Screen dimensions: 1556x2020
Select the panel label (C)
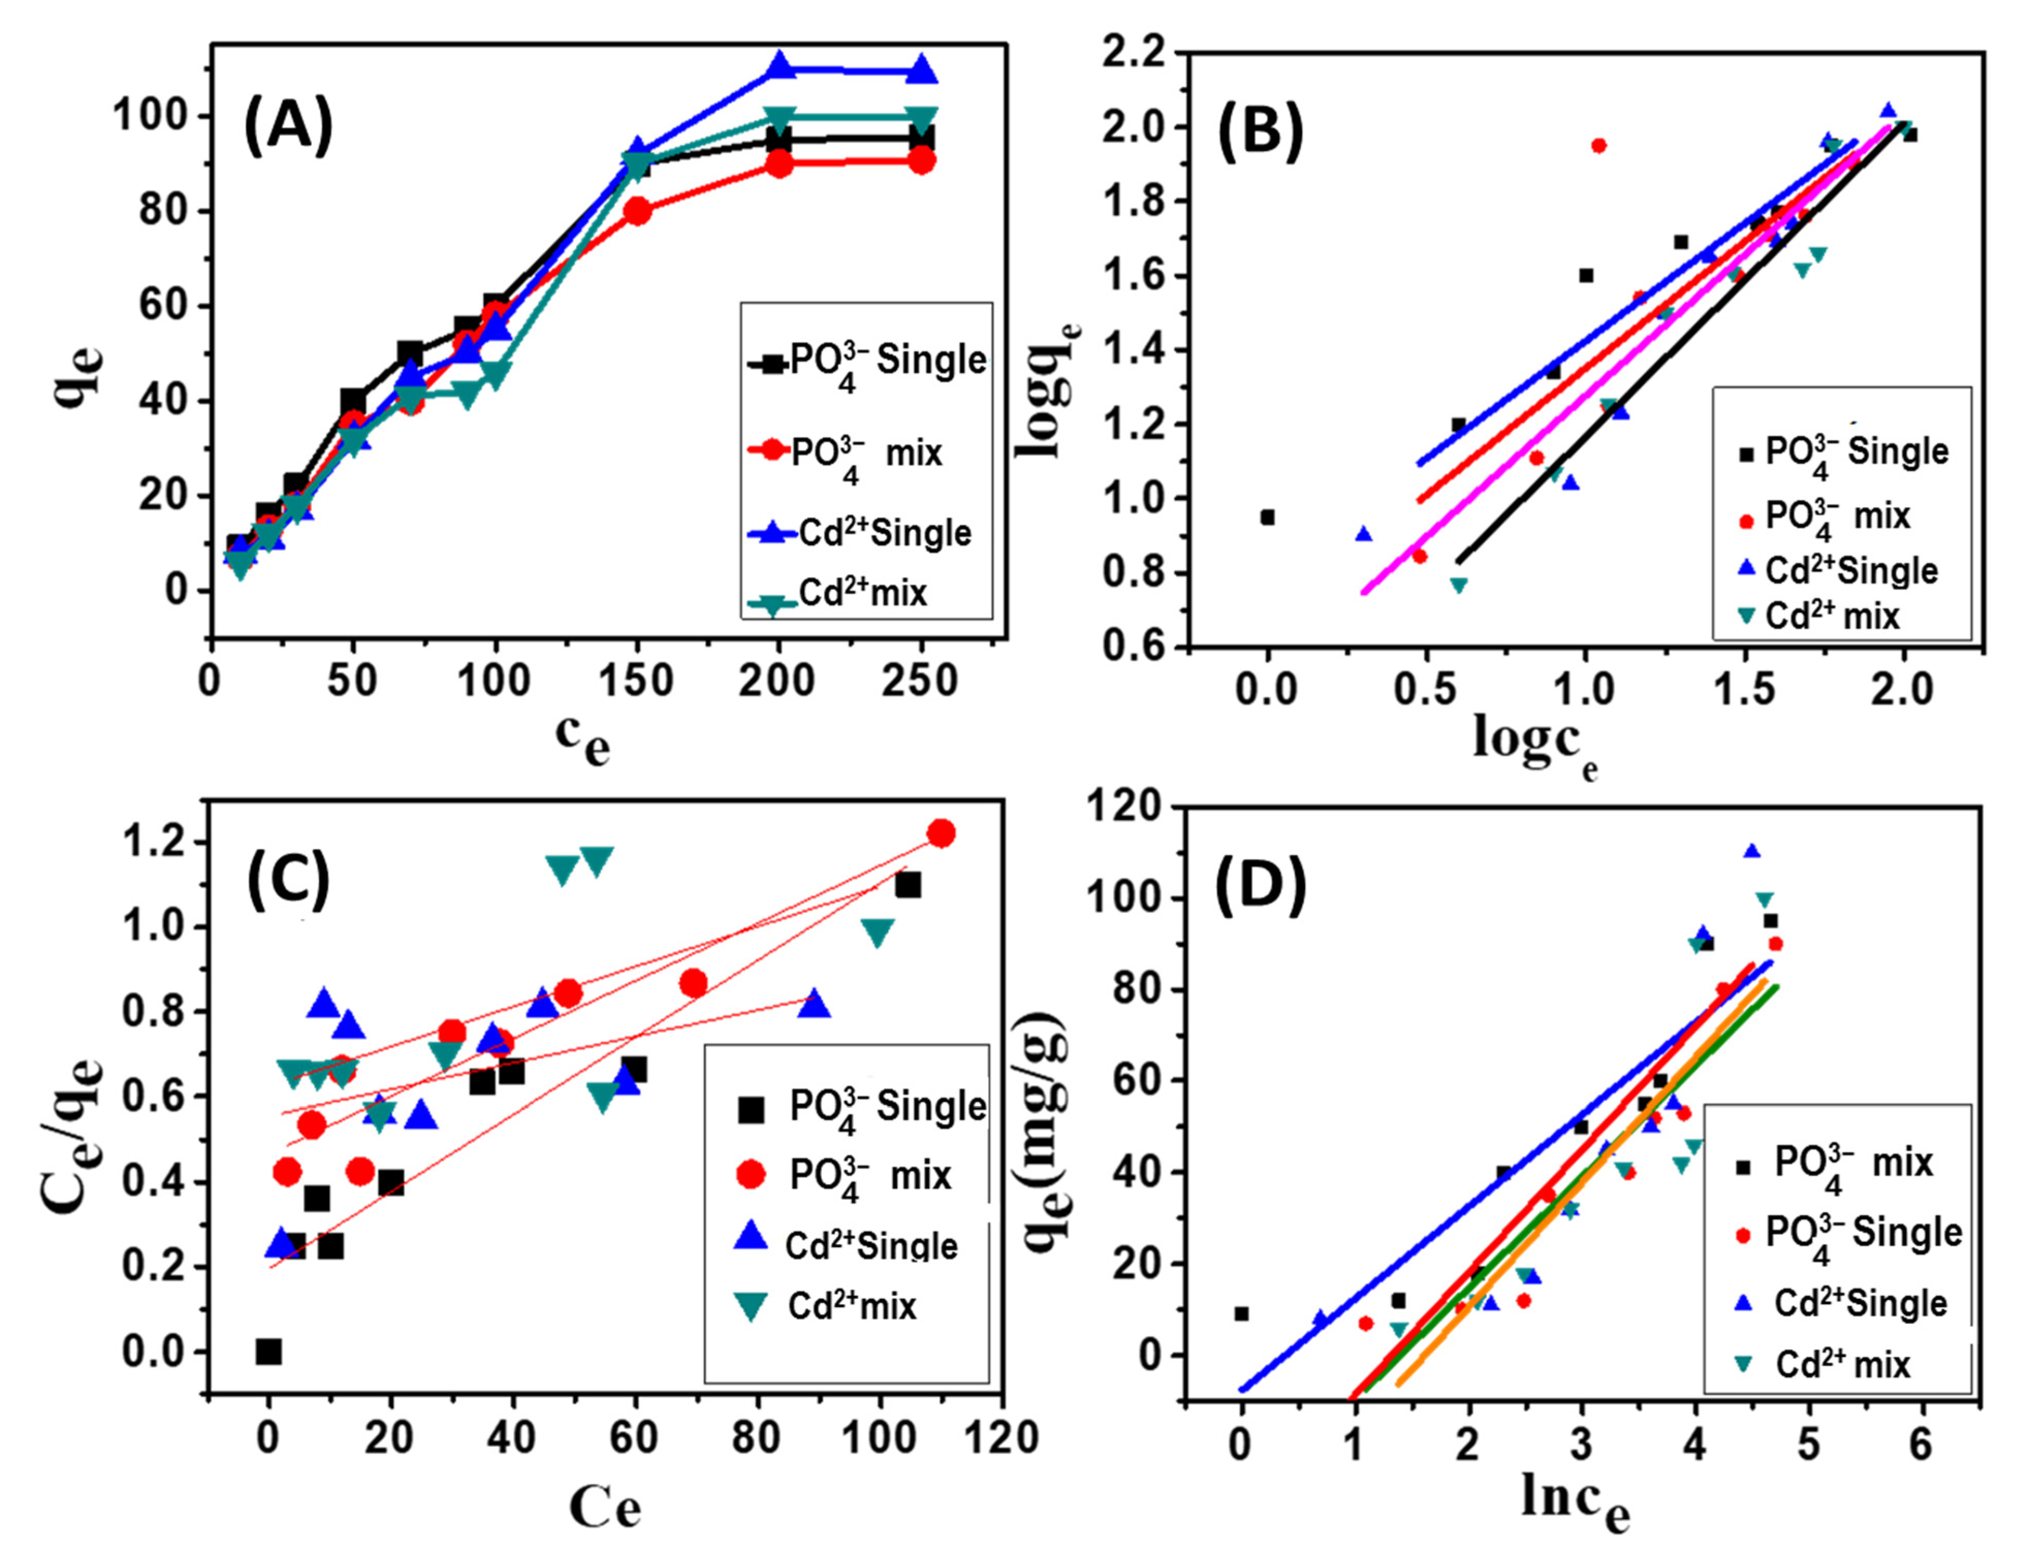pos(288,882)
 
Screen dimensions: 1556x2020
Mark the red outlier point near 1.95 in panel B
pos(1599,145)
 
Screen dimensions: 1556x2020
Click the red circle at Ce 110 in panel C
pos(942,834)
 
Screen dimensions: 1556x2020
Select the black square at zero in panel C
pos(268,1352)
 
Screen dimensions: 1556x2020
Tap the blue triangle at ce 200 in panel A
pos(779,67)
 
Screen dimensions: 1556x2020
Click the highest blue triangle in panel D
pos(1752,852)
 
